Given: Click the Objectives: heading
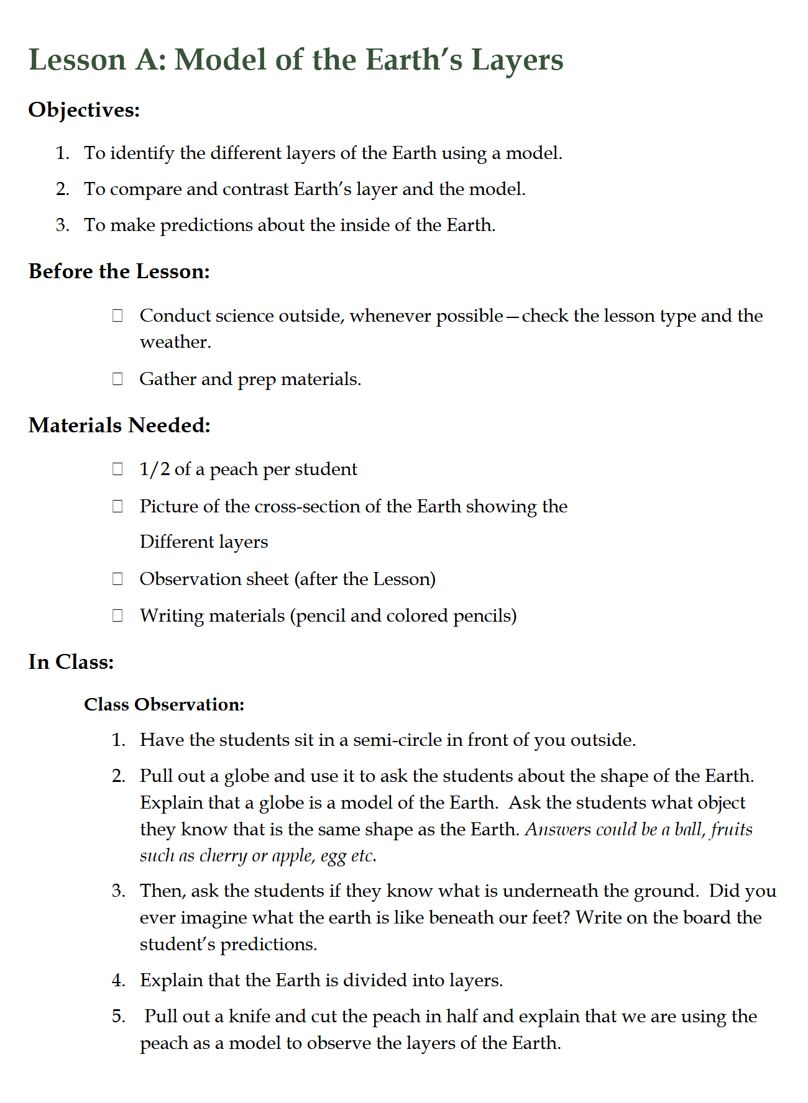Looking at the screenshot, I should tap(84, 110).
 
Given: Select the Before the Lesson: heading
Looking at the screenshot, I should tap(119, 271).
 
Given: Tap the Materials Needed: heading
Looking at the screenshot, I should tap(119, 425).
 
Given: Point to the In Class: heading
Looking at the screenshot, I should tap(71, 662).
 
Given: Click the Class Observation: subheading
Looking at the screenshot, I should tap(164, 705).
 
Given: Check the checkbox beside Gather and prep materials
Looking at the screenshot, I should tap(117, 379).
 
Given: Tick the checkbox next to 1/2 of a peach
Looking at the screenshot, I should tap(117, 469).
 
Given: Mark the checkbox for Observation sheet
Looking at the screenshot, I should tap(117, 579).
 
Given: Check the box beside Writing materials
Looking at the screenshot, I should tap(117, 615).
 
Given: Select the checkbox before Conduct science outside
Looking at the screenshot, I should tap(117, 315).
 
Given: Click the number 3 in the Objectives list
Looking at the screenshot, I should tap(62, 225).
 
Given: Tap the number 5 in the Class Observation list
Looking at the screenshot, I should tap(118, 1016).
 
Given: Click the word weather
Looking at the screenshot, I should tap(174, 342).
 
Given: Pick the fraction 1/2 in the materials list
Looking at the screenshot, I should tap(154, 469).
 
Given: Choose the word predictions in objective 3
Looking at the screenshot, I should tap(206, 225).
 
